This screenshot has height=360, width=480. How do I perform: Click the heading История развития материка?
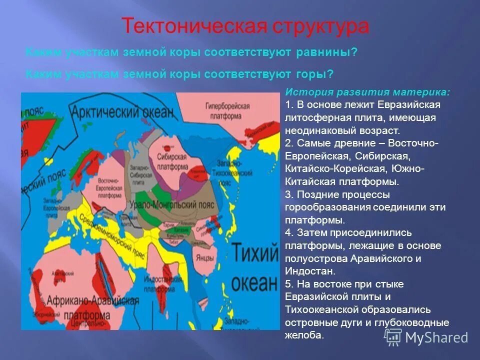click(367, 92)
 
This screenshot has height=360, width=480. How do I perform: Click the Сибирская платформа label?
click(173, 161)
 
